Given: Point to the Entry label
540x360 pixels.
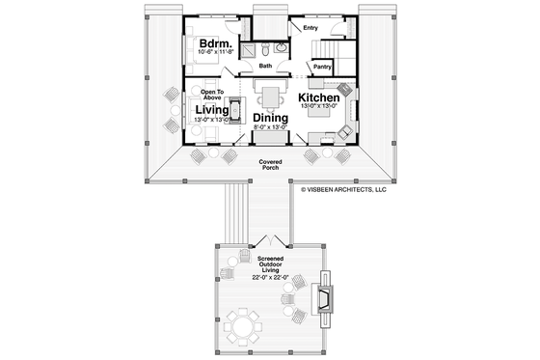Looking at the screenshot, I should pyautogui.click(x=310, y=28).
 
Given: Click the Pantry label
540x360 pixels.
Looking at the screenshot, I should pyautogui.click(x=322, y=67).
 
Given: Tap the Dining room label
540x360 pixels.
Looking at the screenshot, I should pyautogui.click(x=271, y=117).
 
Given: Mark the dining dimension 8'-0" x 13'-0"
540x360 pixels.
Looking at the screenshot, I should pyautogui.click(x=271, y=127).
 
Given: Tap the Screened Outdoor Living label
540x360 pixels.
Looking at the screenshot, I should pyautogui.click(x=270, y=264).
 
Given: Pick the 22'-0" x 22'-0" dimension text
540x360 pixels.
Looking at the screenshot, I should pyautogui.click(x=270, y=277).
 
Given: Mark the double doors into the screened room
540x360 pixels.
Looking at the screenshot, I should pyautogui.click(x=271, y=239).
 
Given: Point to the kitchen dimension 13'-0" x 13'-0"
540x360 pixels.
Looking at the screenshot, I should pyautogui.click(x=317, y=109).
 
